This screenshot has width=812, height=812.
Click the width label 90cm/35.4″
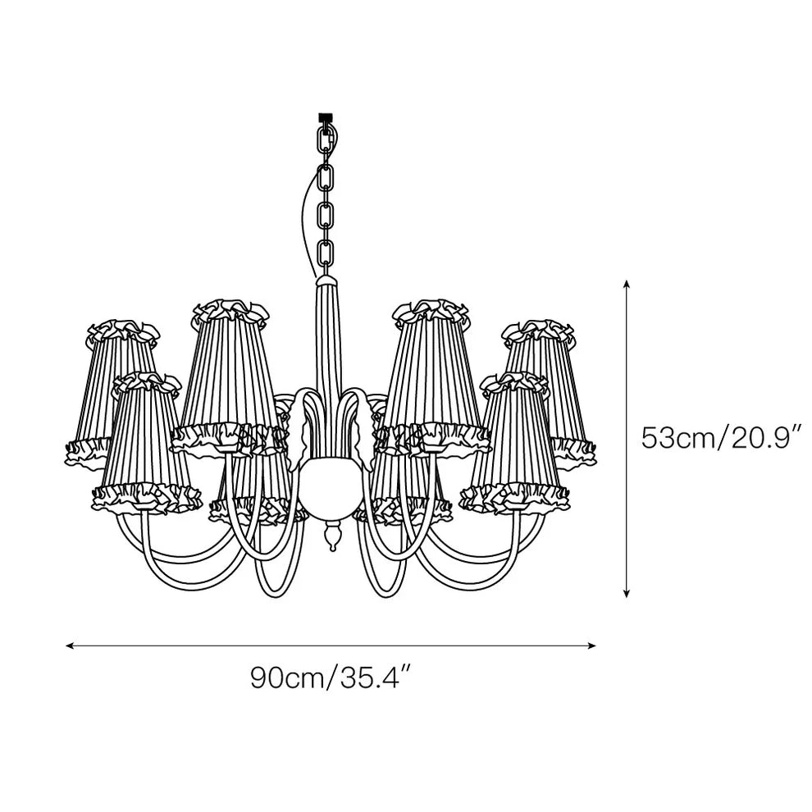tap(330, 679)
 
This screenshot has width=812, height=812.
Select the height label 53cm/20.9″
tap(720, 437)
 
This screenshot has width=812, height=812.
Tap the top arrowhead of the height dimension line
tap(627, 284)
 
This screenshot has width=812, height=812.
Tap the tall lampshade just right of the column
tap(431, 369)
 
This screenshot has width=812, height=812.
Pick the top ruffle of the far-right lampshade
tap(540, 331)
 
